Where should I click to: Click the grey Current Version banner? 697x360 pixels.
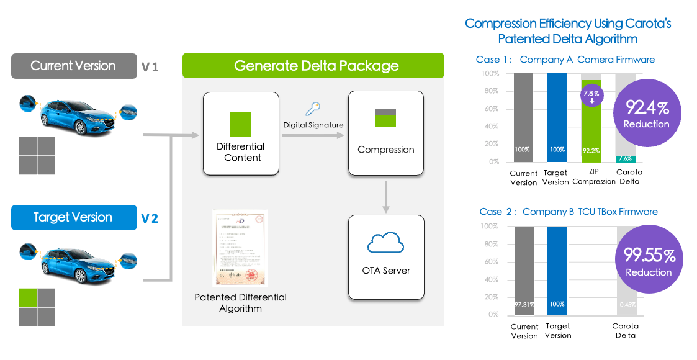(74, 66)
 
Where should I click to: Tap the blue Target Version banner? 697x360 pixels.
(74, 217)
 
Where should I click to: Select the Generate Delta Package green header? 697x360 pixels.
(313, 65)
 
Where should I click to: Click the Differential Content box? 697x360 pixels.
(240, 133)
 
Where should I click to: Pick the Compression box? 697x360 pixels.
(385, 133)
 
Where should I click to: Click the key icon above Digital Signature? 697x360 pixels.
(313, 110)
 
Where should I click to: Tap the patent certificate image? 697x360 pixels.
(240, 248)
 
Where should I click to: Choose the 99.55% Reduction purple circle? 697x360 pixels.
(648, 261)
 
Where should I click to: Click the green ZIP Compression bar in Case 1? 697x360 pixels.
(591, 124)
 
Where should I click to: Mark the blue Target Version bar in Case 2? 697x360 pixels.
(557, 271)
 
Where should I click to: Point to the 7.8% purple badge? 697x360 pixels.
(591, 96)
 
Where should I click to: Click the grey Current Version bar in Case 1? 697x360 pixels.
(523, 117)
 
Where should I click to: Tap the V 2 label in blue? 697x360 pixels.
(150, 218)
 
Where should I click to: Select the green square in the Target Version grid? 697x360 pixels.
(28, 298)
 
